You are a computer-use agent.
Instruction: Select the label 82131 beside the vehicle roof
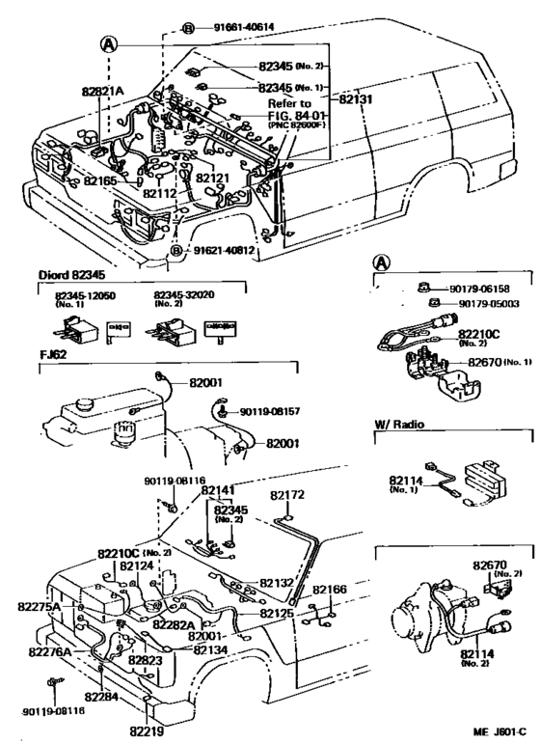358,98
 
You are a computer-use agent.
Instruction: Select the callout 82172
287,495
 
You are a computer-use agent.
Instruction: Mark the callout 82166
332,589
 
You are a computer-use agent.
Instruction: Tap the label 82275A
40,606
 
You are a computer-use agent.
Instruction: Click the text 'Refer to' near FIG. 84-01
289,103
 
